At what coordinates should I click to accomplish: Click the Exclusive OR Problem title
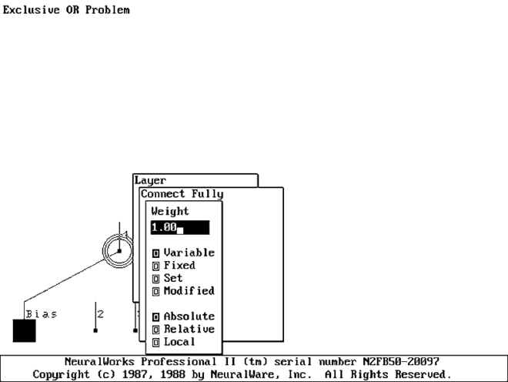(66, 10)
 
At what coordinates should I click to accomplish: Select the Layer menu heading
(151, 180)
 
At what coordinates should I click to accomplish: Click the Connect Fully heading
(182, 194)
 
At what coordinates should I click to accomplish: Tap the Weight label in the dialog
(170, 211)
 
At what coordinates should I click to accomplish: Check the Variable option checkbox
(156, 253)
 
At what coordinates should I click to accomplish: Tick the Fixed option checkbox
(156, 266)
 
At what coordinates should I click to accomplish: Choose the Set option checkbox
(156, 278)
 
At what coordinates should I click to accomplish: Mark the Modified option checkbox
(156, 291)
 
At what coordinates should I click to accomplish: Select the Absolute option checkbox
(156, 317)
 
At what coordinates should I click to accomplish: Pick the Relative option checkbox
(156, 330)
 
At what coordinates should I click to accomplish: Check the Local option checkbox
(156, 342)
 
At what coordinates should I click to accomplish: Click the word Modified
(189, 291)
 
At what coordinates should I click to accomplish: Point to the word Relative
(189, 330)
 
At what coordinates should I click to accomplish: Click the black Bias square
(24, 330)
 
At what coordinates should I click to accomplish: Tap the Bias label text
(42, 314)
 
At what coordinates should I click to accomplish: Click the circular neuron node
(119, 250)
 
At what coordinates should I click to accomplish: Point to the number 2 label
(100, 314)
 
